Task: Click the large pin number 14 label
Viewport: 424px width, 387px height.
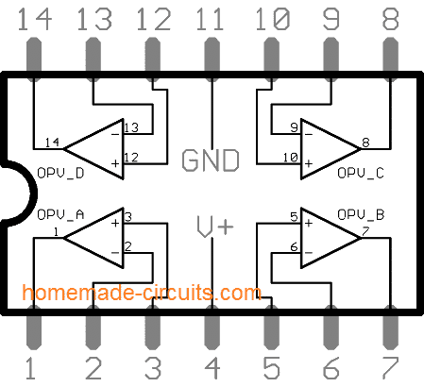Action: (36, 18)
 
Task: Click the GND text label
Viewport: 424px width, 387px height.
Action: (210, 160)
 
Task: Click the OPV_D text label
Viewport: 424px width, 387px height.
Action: (60, 174)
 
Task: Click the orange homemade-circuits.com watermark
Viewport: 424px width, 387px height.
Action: (143, 292)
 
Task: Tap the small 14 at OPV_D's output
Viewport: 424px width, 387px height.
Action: (52, 143)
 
